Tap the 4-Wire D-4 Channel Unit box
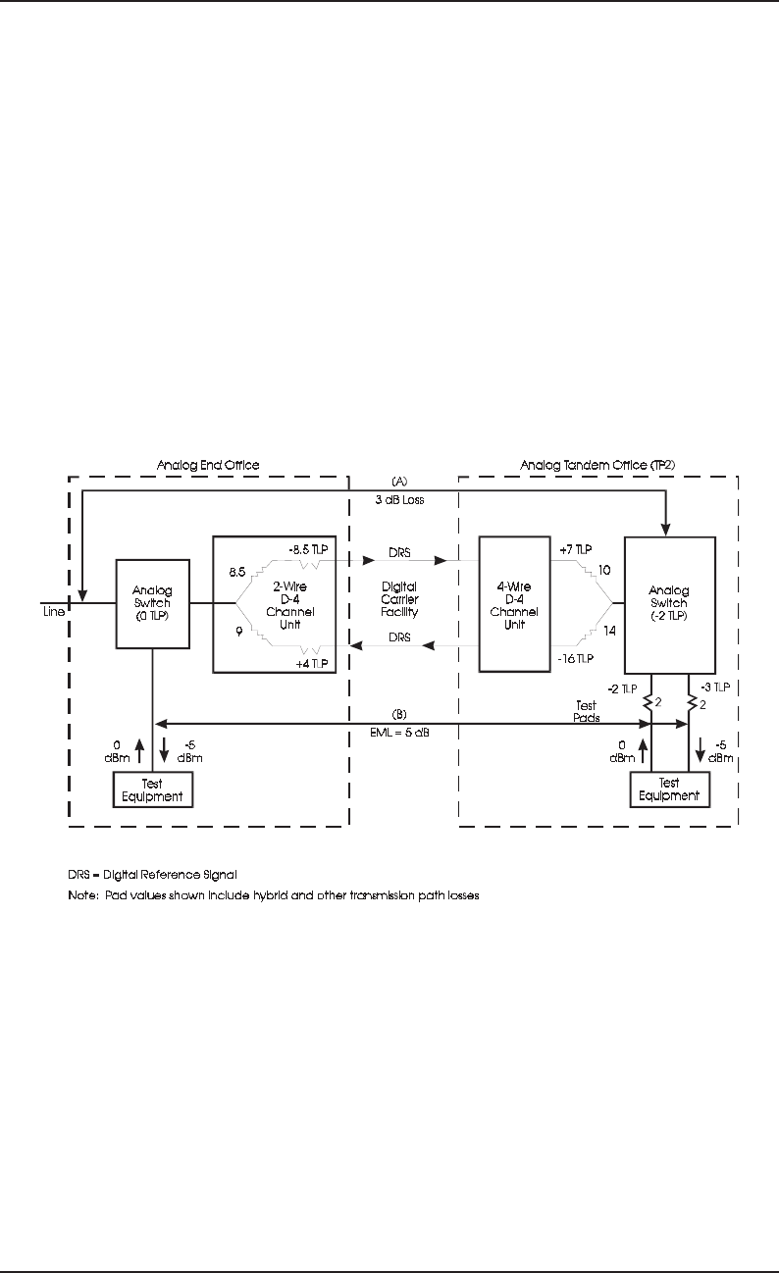coord(515,603)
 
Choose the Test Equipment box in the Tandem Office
coord(669,789)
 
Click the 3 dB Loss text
coord(398,498)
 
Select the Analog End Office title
coord(206,463)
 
